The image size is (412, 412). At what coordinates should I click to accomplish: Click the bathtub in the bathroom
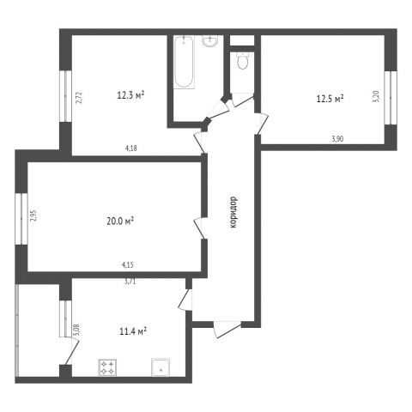point(184,62)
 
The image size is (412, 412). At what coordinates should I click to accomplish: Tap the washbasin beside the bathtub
point(210,40)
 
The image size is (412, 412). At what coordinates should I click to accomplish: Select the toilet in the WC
point(243,61)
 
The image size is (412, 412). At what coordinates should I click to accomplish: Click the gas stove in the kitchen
point(107,367)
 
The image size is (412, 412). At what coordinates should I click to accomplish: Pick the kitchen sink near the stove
point(161,367)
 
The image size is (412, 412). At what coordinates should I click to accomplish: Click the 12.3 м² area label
point(130,95)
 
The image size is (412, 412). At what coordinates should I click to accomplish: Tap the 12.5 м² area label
point(330,99)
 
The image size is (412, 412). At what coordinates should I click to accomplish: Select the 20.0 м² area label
point(120,221)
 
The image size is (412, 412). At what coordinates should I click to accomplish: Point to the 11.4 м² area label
point(133,331)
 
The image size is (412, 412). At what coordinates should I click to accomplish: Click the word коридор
point(233,212)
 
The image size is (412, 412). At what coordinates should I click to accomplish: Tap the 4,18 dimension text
point(131,148)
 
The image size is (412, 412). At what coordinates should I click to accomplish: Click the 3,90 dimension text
point(337,139)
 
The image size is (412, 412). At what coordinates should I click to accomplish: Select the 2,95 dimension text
point(33,215)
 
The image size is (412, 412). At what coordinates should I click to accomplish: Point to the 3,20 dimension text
point(377,96)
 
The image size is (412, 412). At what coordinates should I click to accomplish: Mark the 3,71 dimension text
point(130,282)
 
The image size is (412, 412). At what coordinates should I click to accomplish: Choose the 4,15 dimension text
point(128,265)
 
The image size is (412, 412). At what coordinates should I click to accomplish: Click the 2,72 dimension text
point(80,97)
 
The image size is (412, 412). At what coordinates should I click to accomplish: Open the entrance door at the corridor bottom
point(227,329)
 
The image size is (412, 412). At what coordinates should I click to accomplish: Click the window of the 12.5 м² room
point(391,98)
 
